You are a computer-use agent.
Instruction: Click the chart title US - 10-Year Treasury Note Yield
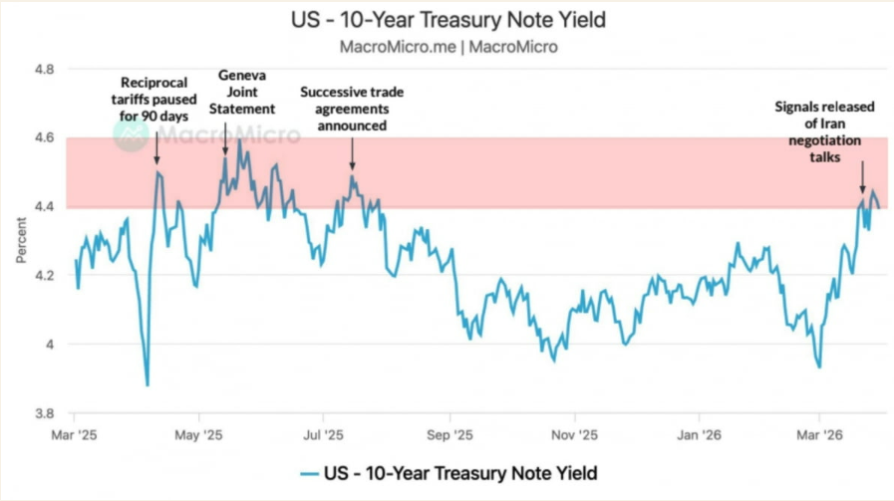click(x=447, y=20)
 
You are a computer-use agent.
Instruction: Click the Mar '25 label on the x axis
click(x=75, y=434)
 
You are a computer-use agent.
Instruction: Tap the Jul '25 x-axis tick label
click(x=322, y=434)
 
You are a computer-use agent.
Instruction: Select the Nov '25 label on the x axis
click(x=574, y=434)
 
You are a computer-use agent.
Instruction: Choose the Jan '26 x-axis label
click(x=698, y=434)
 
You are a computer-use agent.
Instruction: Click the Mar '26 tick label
click(x=818, y=434)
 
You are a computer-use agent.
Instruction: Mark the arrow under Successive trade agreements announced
click(x=352, y=153)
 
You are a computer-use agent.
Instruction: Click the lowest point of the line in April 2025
click(x=148, y=385)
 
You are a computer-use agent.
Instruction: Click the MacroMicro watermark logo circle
click(x=131, y=134)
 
